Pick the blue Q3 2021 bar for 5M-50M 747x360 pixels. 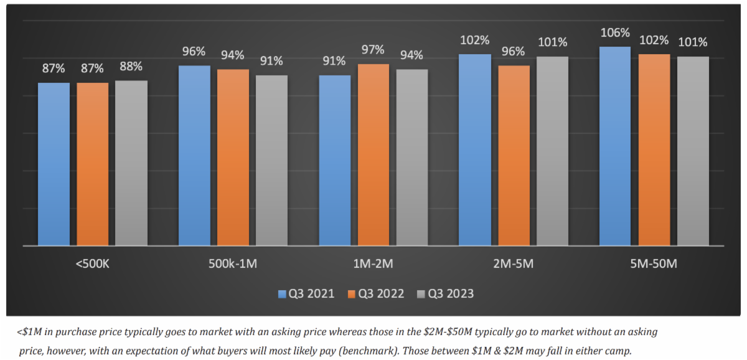pos(615,146)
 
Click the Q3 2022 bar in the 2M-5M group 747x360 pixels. pos(514,155)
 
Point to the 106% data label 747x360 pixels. pos(615,33)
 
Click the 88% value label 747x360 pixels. pos(131,67)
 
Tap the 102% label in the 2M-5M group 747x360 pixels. pos(475,40)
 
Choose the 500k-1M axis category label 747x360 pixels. pos(233,264)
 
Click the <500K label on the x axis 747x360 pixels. pos(93,264)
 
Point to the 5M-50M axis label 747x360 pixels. pos(654,264)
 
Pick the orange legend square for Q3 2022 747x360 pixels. pos(349,293)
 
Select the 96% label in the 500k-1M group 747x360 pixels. pos(194,52)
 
